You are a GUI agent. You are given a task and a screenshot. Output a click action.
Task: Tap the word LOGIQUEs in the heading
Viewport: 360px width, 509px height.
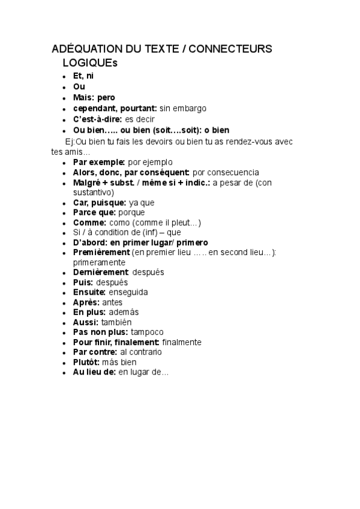pyautogui.click(x=89, y=62)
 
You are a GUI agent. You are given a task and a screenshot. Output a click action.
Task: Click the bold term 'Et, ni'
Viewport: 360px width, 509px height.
pyautogui.click(x=83, y=76)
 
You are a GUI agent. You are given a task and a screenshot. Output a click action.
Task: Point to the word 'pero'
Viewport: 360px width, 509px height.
pyautogui.click(x=106, y=97)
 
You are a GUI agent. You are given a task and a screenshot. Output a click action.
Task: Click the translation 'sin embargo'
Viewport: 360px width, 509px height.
pyautogui.click(x=183, y=108)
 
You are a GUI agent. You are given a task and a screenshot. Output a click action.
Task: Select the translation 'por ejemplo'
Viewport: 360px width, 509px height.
pyautogui.click(x=150, y=162)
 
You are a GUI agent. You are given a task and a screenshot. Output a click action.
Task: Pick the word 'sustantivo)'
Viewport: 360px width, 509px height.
pyautogui.click(x=94, y=192)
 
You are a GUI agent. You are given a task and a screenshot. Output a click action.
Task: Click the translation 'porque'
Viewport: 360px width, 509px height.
pyautogui.click(x=131, y=212)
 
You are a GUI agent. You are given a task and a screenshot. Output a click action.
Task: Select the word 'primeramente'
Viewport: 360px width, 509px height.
pyautogui.click(x=99, y=262)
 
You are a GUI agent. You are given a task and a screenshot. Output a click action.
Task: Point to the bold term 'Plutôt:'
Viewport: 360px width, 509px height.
pyautogui.click(x=86, y=362)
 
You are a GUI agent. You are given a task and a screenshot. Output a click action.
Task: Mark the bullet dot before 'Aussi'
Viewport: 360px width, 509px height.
pyautogui.click(x=64, y=322)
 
